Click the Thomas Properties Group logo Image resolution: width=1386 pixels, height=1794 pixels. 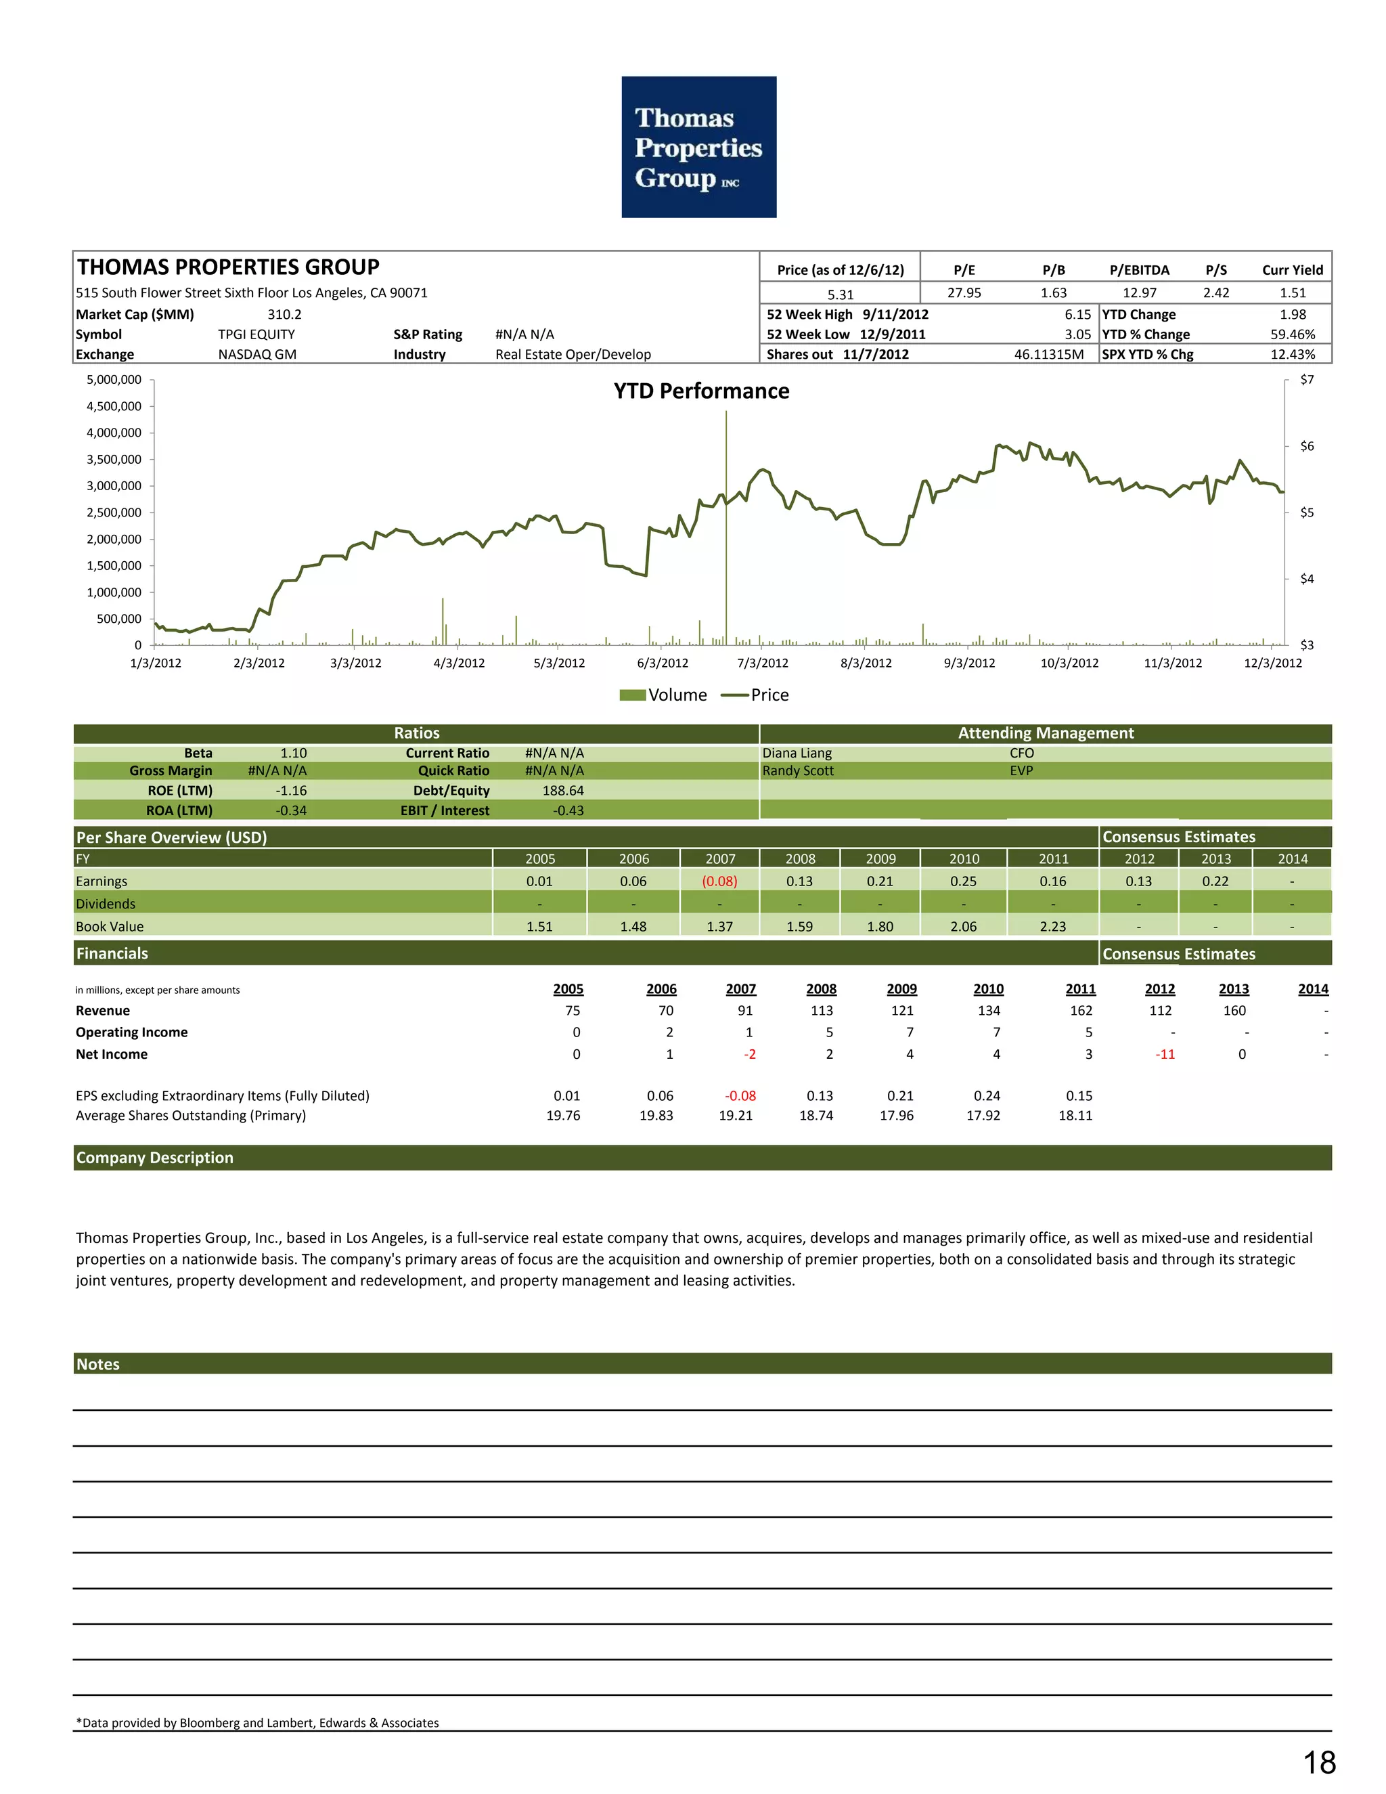[698, 147]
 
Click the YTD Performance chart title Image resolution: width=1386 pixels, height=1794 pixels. [701, 391]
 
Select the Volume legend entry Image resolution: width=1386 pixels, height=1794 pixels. [663, 695]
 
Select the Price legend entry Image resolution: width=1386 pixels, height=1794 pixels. [755, 695]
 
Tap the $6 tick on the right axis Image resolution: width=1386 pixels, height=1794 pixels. [1306, 446]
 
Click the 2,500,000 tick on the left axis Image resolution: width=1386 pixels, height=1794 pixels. [114, 512]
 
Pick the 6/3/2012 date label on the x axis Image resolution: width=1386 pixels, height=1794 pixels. [663, 663]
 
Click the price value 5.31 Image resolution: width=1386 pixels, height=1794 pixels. [840, 294]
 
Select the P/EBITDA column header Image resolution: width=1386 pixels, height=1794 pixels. [1139, 270]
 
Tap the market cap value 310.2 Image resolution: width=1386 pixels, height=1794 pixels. [284, 315]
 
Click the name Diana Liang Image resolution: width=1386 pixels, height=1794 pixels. [797, 753]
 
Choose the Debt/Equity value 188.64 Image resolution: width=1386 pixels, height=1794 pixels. [562, 790]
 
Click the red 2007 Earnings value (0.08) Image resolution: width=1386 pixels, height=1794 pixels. [719, 881]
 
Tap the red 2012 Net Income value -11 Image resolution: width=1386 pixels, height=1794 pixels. [1165, 1054]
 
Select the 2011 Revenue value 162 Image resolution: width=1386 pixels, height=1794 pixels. [1081, 1010]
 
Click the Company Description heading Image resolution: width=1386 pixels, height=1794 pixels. [154, 1158]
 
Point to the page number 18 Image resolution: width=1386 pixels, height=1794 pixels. [1320, 1763]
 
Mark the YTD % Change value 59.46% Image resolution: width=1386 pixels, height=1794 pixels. [1293, 334]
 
